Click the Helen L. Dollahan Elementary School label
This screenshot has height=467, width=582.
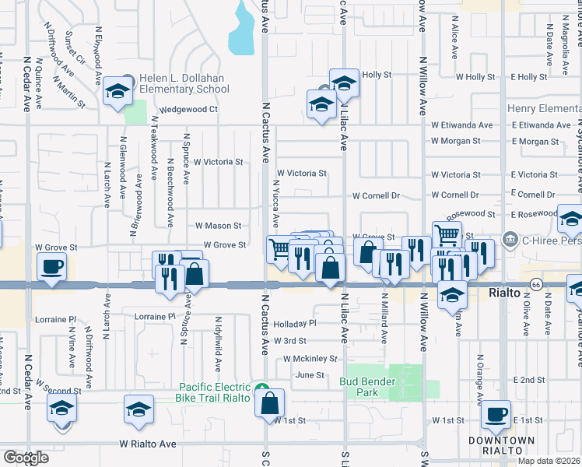point(185,83)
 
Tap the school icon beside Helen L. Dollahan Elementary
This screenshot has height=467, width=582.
point(117,92)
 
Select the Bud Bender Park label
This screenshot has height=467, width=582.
point(368,387)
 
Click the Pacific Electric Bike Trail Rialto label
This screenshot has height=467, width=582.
point(216,392)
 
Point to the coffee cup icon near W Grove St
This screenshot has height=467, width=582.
point(52,266)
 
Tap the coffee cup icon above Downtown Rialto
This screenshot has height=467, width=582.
point(495,414)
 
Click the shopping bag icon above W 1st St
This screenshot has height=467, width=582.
point(269,403)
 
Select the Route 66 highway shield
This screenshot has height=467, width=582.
point(535,286)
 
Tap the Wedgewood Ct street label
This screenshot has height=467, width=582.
point(189,110)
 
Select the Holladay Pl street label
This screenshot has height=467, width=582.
point(296,323)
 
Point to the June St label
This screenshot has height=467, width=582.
point(309,375)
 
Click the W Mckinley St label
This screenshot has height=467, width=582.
point(310,359)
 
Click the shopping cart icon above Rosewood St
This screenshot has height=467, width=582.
point(446,233)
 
